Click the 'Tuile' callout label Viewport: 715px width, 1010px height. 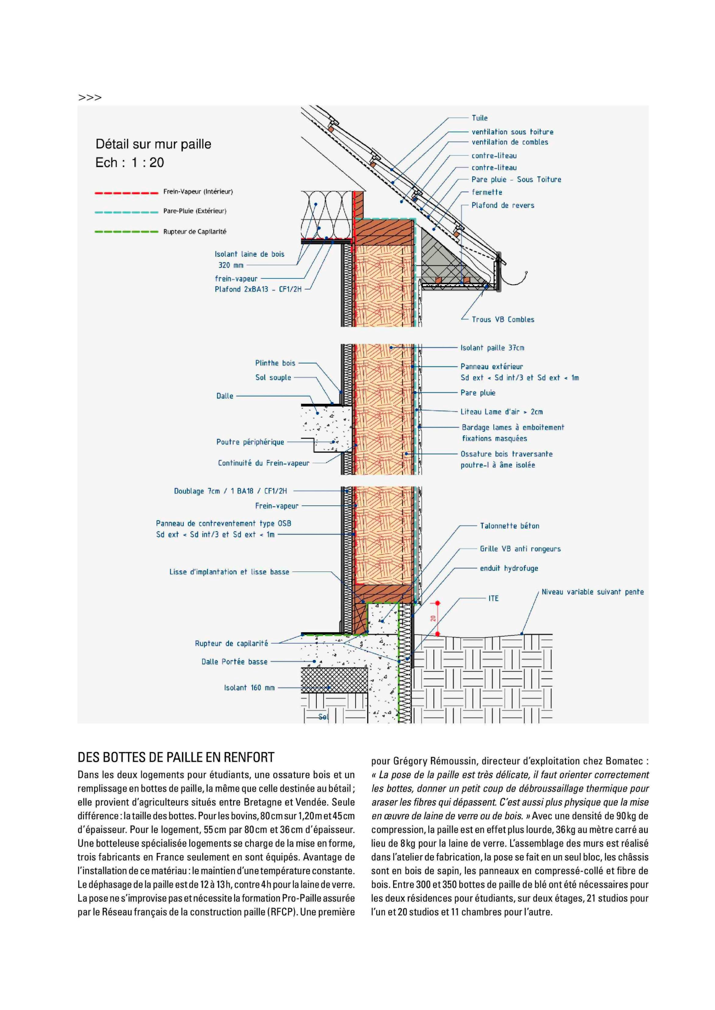480,118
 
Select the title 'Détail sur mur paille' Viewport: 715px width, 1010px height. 153,144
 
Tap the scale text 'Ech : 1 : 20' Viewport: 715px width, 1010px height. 129,163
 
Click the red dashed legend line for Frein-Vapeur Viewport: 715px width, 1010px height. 126,193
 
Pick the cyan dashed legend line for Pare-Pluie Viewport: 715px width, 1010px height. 126,212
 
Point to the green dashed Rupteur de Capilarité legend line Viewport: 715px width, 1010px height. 126,232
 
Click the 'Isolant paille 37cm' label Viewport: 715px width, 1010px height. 492,348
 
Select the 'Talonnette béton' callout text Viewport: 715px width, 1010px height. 509,526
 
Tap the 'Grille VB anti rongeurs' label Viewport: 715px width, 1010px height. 520,549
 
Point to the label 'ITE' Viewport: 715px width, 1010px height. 493,598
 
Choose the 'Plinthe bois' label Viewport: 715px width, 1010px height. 275,363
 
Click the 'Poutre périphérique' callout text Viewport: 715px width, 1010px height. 250,442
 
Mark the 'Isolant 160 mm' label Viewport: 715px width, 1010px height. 249,687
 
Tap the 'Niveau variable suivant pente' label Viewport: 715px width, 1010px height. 592,592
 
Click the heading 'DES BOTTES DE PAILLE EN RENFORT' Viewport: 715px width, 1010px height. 176,757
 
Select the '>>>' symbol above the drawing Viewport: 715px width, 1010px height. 90,97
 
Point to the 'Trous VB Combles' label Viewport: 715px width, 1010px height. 503,320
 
